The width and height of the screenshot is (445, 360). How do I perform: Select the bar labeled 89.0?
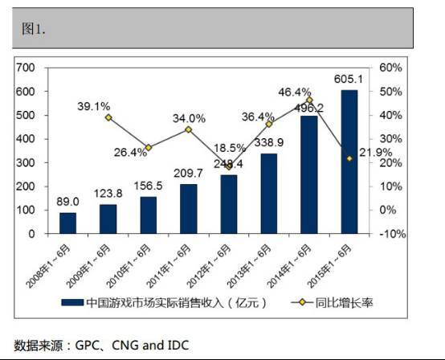pos(68,223)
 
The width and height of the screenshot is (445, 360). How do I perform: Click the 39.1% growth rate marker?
pos(108,117)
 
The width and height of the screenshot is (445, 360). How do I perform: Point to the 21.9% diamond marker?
pos(349,159)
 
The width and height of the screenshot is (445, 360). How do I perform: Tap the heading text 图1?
pos(34,29)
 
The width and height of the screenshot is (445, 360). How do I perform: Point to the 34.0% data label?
pos(188,117)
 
